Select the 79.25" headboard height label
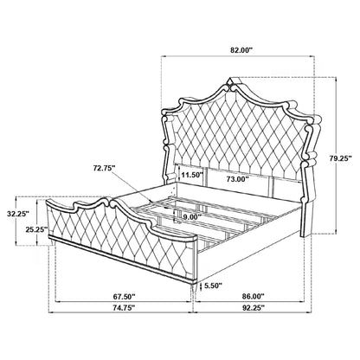coord(341,157)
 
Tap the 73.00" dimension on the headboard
coord(238,179)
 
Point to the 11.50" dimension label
coord(192,175)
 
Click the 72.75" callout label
coord(104,168)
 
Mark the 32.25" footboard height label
coord(18,214)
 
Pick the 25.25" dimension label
coord(36,229)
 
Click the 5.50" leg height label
coord(213,286)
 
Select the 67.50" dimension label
coord(124,296)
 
